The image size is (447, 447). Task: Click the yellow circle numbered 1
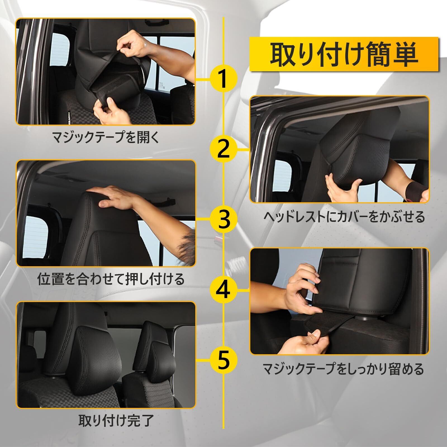tap(223, 79)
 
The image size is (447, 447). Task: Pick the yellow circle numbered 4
tap(223, 290)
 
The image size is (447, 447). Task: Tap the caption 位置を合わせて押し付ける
tap(111, 279)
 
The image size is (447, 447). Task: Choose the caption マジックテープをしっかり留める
tap(343, 369)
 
